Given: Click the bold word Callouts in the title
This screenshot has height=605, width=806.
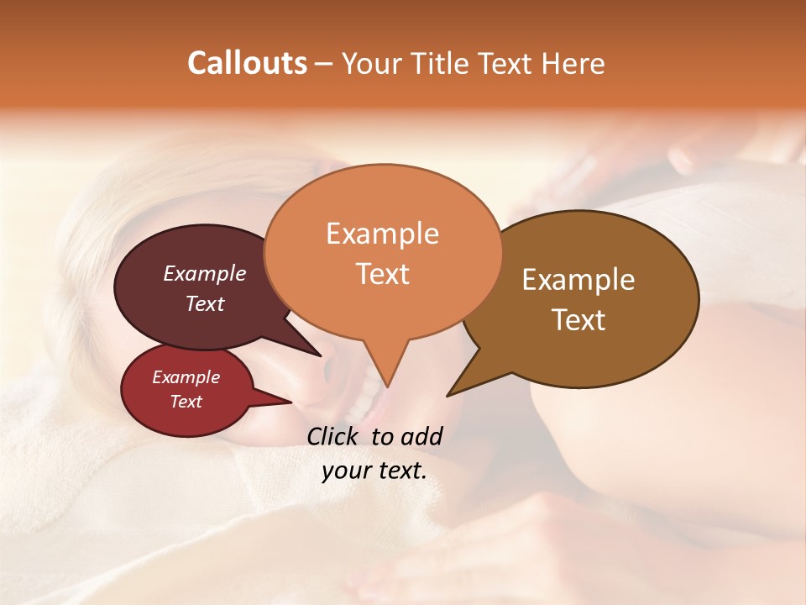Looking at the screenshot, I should [x=247, y=63].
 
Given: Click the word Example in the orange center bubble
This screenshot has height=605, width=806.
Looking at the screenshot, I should [x=382, y=234].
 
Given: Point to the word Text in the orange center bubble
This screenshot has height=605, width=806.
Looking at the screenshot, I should [x=382, y=274].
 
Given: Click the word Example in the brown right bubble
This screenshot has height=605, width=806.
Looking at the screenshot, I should [x=578, y=280].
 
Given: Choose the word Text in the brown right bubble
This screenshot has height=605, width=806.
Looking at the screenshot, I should [x=578, y=320].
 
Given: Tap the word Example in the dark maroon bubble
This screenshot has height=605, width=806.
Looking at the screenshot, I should [x=204, y=273].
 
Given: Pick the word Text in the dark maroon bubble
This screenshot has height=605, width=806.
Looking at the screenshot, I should [x=204, y=303].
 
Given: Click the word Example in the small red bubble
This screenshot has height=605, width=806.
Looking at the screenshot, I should [x=186, y=377].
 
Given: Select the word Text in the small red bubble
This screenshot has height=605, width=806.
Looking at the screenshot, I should [x=186, y=402].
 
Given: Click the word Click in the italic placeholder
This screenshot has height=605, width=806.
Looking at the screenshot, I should [x=334, y=436].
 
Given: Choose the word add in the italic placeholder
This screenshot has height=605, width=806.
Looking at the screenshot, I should [x=421, y=436].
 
